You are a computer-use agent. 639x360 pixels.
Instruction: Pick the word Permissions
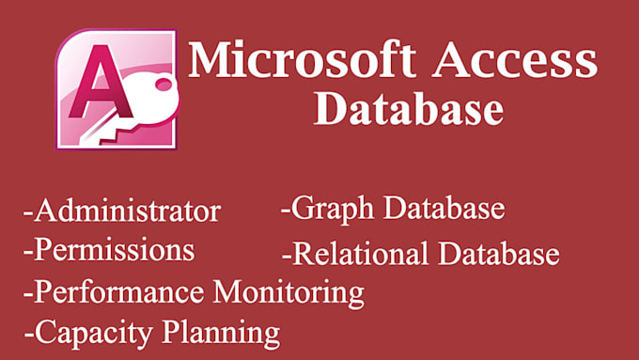(114, 251)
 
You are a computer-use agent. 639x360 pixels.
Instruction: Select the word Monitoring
(289, 292)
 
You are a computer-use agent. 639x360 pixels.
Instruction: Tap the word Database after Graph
(441, 208)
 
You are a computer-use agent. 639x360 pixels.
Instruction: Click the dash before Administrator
(27, 213)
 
